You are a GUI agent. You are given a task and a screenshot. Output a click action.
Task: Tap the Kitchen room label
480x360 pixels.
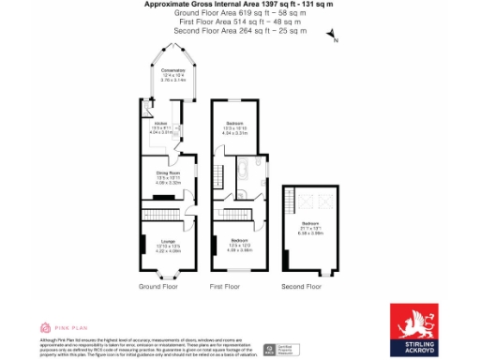[161, 127]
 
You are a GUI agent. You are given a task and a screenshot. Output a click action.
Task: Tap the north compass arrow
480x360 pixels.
[330, 35]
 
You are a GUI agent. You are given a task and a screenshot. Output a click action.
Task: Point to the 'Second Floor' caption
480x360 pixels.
[302, 286]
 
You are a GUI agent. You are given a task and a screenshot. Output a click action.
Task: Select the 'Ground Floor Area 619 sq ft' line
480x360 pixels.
[239, 13]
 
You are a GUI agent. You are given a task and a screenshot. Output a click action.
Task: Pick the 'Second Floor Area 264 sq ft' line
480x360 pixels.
[239, 31]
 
